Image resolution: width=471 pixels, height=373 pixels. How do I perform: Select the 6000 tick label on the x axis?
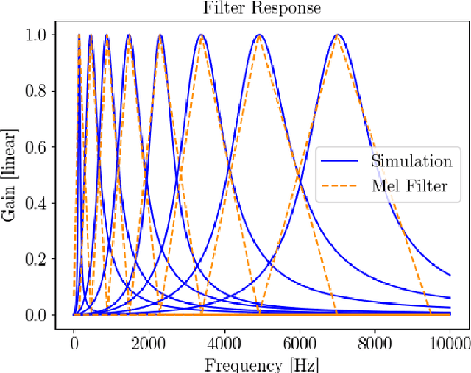(299, 342)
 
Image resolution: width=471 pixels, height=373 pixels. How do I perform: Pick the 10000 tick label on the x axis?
(449, 342)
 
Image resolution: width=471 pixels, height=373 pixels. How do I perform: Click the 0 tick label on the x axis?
(74, 342)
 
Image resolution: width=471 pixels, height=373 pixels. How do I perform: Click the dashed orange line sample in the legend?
(342, 186)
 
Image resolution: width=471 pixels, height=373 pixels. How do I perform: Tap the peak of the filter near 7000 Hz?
(337, 35)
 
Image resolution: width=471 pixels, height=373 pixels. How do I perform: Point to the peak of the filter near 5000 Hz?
(258, 35)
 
